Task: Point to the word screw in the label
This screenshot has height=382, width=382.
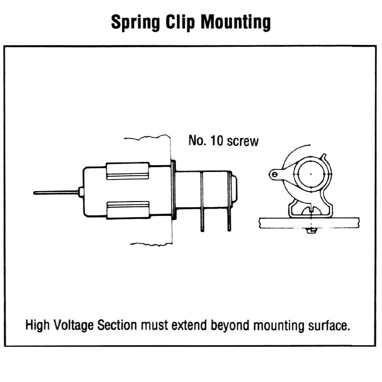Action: [243, 142]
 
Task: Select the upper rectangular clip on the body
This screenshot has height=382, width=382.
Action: [127, 170]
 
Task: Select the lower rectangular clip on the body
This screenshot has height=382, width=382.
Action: [127, 210]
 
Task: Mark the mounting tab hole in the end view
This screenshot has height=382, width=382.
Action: [275, 175]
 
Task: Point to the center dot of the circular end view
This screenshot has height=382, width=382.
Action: [310, 174]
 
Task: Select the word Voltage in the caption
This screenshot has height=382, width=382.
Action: [75, 326]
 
